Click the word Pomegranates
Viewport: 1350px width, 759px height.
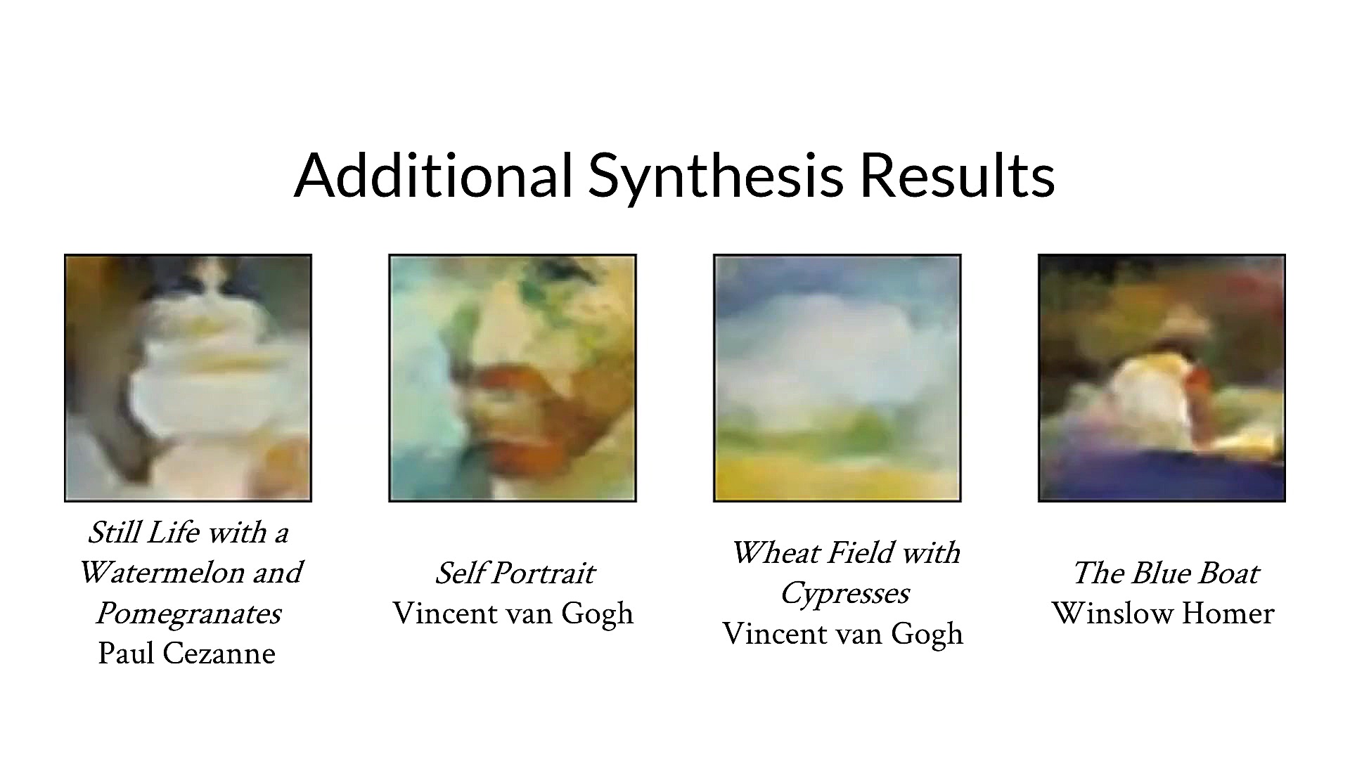coord(188,614)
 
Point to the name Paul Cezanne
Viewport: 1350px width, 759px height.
coord(187,654)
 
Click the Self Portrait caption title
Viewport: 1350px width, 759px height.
coord(515,573)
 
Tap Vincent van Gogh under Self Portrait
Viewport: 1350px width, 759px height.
coord(513,614)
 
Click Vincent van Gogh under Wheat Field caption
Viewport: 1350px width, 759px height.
coord(843,634)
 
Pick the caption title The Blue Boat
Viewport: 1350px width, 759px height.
coord(1166,573)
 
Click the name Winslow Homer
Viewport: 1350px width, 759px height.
coord(1163,614)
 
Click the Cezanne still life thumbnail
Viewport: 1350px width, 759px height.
coord(188,378)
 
